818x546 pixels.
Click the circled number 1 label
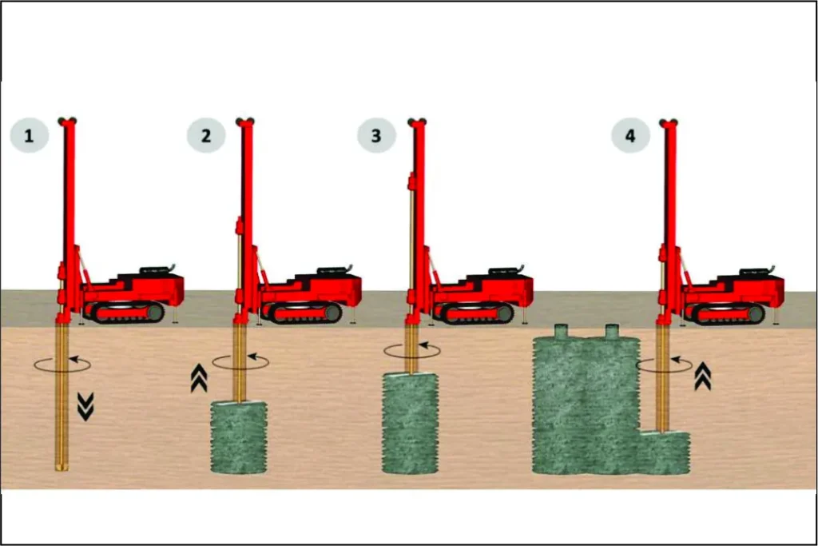(30, 136)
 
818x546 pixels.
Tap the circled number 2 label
(206, 136)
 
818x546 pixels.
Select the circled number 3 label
(377, 136)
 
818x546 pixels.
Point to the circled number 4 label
(631, 136)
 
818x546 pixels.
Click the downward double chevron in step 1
(85, 407)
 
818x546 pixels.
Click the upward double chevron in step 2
(199, 378)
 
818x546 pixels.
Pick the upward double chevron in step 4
(703, 376)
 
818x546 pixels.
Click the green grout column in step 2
(239, 437)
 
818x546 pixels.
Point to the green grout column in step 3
(411, 424)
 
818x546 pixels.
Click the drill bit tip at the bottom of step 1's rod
(62, 466)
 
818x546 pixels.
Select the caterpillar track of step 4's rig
(725, 313)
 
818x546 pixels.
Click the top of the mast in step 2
(245, 122)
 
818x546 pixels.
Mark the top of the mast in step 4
(669, 122)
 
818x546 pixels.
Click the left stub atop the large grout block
(562, 332)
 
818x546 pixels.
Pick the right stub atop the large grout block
(612, 332)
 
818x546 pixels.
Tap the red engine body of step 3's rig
(485, 289)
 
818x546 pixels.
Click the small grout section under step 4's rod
(665, 452)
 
